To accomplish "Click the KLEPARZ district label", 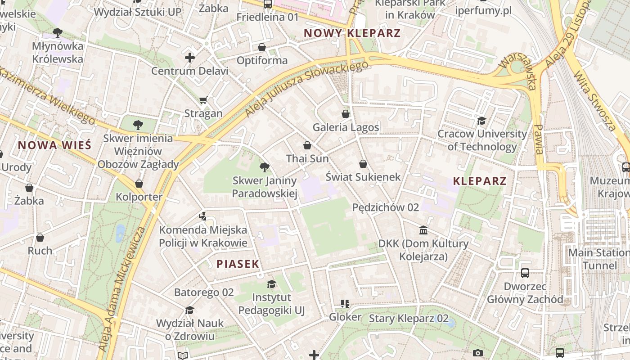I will click(480, 181).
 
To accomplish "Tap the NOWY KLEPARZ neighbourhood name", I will click(352, 33).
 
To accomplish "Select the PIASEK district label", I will click(238, 264).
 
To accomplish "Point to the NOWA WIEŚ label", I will click(54, 145).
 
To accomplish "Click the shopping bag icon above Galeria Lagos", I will click(346, 114).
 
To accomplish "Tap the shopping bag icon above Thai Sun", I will click(307, 145).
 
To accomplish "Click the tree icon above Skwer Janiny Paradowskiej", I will click(265, 167).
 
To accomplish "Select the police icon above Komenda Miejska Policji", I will click(202, 216).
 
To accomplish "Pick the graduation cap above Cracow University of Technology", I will click(481, 121).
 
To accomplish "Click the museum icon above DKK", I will click(423, 230).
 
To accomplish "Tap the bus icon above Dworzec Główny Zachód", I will click(525, 273).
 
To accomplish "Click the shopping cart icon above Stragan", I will click(203, 100).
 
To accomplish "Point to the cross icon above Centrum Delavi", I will click(190, 58).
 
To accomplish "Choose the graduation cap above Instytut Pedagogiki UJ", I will click(271, 284).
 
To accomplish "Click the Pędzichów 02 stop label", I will click(385, 207).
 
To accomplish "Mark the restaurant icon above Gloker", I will click(345, 304).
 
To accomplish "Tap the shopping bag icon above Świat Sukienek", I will click(363, 164).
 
